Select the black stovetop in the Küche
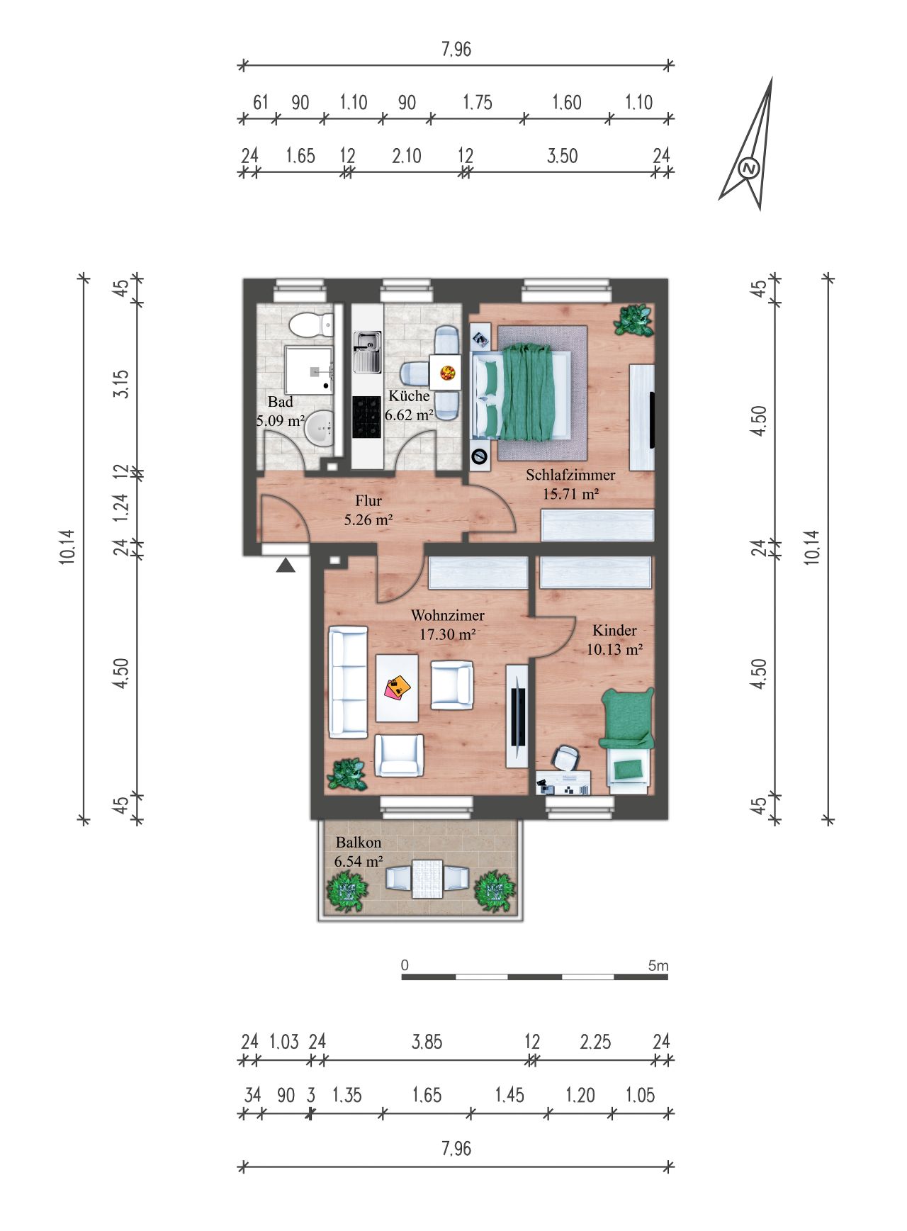367,417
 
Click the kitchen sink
367,352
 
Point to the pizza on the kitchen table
447,371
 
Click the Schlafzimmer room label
570,475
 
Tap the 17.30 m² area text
447,634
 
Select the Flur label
368,500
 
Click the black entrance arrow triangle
285,566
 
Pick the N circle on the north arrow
749,169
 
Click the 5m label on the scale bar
658,965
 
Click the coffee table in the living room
398,687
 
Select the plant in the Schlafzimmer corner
633,320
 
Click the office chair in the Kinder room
566,757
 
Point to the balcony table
427,879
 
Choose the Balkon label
359,843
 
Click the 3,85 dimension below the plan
427,1041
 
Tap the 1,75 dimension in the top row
478,102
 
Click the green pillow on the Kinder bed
627,768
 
